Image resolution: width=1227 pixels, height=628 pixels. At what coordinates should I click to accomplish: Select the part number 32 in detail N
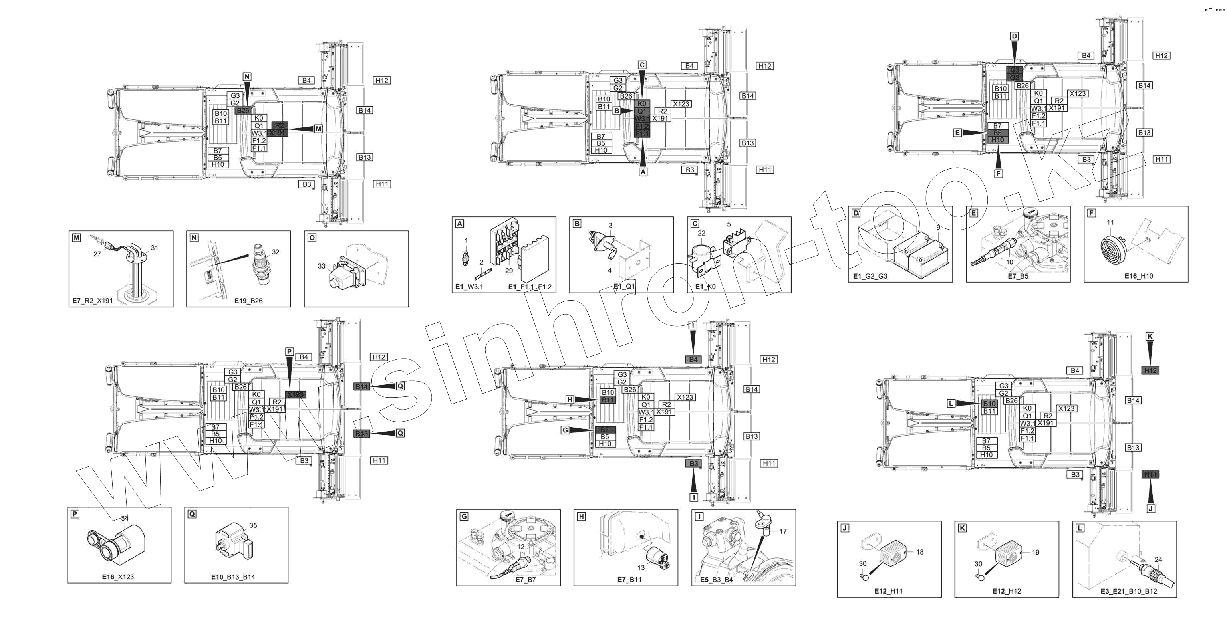(275, 252)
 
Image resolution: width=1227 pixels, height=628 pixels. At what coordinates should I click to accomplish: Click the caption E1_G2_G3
(870, 276)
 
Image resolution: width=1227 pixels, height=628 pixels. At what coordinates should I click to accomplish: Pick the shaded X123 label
(295, 395)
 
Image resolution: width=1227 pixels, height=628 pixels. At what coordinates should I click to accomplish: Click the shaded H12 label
(1150, 370)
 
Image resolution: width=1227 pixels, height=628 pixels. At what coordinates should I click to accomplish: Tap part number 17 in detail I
(783, 531)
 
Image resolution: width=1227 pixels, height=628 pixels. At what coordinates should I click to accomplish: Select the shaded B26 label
(243, 111)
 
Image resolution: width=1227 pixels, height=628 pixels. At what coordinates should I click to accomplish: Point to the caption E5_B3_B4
(717, 580)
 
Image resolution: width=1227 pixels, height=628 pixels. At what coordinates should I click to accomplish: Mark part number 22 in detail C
(702, 233)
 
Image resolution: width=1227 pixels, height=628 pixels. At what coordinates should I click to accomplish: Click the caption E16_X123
(118, 577)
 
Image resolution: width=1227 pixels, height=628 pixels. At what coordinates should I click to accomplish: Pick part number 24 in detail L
(1158, 559)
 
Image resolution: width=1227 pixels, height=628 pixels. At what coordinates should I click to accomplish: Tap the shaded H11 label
(1150, 474)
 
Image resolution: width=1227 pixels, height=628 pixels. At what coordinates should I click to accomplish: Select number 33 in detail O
(322, 266)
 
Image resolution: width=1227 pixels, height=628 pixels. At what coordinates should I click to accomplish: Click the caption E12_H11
(888, 591)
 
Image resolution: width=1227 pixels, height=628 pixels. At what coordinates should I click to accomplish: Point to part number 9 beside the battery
(938, 228)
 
